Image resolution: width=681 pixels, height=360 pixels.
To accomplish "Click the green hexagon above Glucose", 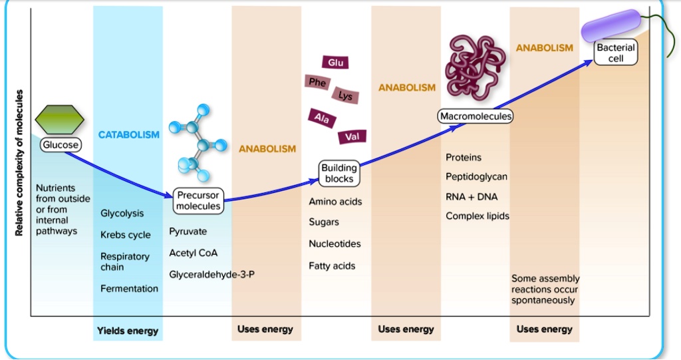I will point(60,120).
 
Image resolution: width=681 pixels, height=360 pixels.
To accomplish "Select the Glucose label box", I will point(61,144).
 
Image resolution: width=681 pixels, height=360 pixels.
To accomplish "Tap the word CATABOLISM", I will point(129,135).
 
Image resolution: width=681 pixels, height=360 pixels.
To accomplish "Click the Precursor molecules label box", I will point(198,201).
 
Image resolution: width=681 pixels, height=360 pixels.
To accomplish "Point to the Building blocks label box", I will point(339,174).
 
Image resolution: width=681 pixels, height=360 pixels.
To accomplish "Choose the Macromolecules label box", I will point(476,116).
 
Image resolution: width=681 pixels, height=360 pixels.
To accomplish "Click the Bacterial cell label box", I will point(616,53).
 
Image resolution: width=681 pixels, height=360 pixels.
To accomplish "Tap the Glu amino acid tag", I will point(336,63).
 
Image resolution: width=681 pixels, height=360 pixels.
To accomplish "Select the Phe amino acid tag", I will point(317,83).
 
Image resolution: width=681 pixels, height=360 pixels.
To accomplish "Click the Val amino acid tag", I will point(351,137).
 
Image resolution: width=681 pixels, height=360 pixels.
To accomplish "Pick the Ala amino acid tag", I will point(323,118).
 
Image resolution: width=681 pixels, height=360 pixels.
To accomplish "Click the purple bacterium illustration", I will point(613,26).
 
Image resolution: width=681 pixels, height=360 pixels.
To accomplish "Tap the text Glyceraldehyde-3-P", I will point(211,275).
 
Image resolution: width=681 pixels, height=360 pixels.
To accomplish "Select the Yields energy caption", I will point(128,330).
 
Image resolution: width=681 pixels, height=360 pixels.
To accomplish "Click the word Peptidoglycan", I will point(476,177).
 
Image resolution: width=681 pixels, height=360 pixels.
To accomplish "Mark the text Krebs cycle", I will point(126,235).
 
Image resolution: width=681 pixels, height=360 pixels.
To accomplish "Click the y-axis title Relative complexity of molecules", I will point(19,162).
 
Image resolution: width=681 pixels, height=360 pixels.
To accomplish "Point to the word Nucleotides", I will point(335,244).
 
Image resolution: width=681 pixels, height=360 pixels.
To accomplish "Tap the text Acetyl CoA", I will point(194,254).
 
